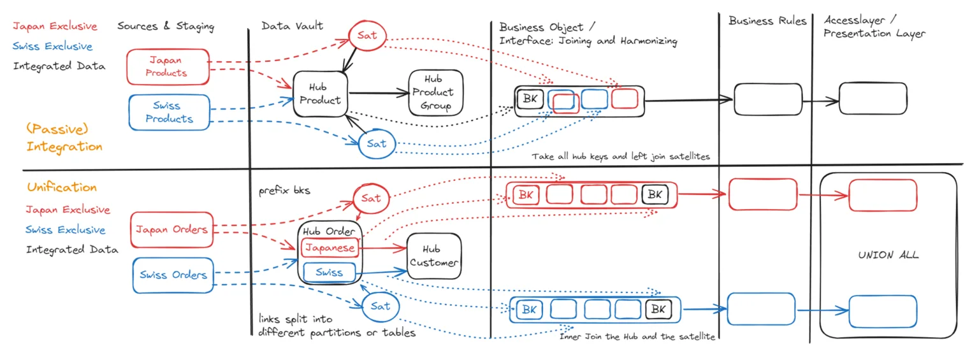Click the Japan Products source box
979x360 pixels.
pyautogui.click(x=168, y=67)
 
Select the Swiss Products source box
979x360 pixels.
pyautogui.click(x=169, y=112)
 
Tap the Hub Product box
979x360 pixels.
pyautogui.click(x=321, y=94)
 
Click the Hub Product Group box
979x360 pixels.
pyautogui.click(x=435, y=92)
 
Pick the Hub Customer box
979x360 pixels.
pyautogui.click(x=433, y=256)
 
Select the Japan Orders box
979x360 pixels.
pyautogui.click(x=171, y=229)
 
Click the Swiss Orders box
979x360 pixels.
pyautogui.click(x=173, y=275)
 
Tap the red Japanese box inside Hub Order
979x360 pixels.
pyautogui.click(x=330, y=247)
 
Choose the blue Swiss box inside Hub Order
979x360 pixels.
pyautogui.click(x=330, y=272)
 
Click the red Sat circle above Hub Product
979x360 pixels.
pyautogui.click(x=367, y=35)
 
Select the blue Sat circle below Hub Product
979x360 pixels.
pyautogui.click(x=376, y=143)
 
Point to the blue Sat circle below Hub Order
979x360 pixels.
pyautogui.click(x=381, y=306)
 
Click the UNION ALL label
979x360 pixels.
pyautogui.click(x=888, y=255)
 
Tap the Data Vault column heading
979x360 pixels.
pyautogui.click(x=292, y=26)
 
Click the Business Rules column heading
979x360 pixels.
pyautogui.click(x=767, y=21)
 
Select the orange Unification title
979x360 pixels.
pyautogui.click(x=62, y=187)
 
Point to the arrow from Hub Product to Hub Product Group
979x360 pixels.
pyautogui.click(x=379, y=93)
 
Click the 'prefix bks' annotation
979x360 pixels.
pyautogui.click(x=284, y=191)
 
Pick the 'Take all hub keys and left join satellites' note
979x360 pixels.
pyautogui.click(x=620, y=156)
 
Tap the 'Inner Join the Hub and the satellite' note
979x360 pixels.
pyautogui.click(x=637, y=336)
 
